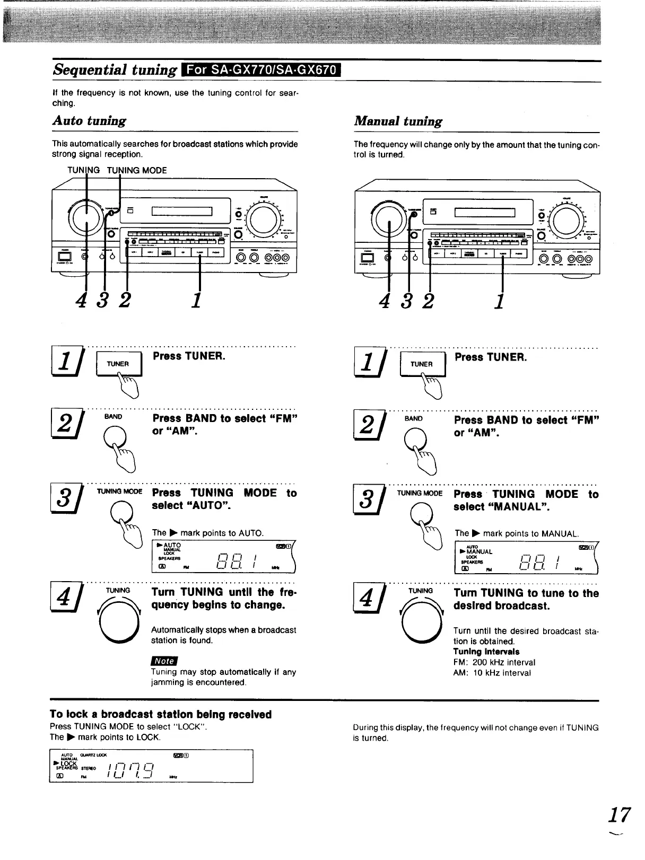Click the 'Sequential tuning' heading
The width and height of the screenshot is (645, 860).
[x=115, y=69]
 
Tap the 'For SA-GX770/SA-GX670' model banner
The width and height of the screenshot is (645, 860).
[x=262, y=69]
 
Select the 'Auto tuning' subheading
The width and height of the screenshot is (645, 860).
[x=89, y=120]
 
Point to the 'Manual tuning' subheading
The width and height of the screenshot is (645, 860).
[x=398, y=121]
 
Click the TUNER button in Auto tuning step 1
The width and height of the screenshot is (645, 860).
[x=118, y=364]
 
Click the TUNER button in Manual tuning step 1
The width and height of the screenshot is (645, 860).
[x=422, y=364]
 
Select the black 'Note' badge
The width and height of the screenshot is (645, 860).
[x=164, y=661]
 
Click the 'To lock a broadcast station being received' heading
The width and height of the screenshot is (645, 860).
[x=161, y=714]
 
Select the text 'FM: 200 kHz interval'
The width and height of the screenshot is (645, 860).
[x=494, y=662]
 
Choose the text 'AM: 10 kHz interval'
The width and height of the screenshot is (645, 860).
[x=492, y=673]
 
